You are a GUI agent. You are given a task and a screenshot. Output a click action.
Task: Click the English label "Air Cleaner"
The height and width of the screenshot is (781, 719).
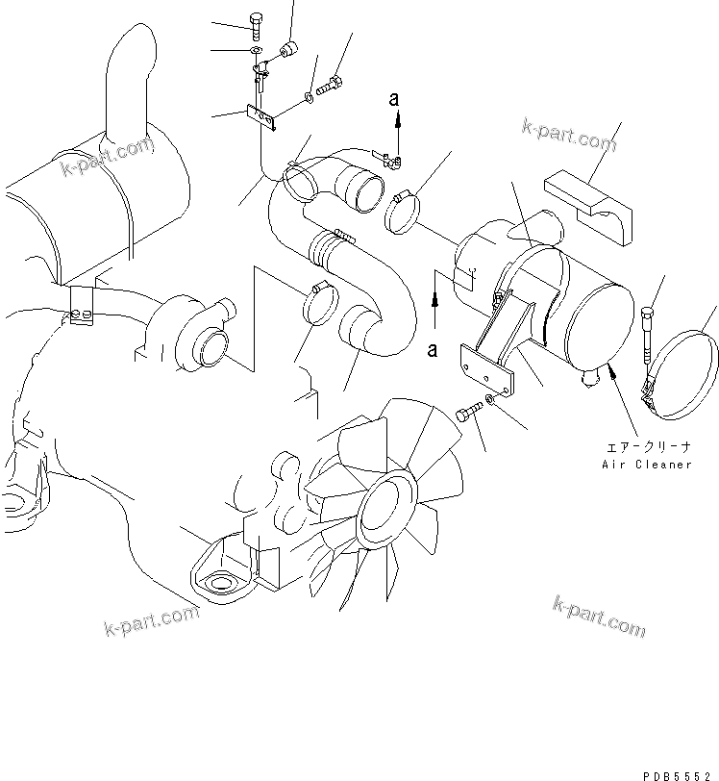tap(646, 465)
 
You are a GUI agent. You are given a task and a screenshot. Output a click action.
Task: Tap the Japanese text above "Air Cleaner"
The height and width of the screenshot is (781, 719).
tap(646, 446)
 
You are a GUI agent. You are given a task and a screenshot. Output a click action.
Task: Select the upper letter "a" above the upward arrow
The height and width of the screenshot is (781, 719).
tap(394, 98)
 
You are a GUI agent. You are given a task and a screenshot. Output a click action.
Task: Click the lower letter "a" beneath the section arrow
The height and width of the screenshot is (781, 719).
tap(434, 350)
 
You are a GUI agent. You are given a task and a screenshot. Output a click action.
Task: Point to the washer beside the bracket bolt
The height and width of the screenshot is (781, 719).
tap(490, 399)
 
